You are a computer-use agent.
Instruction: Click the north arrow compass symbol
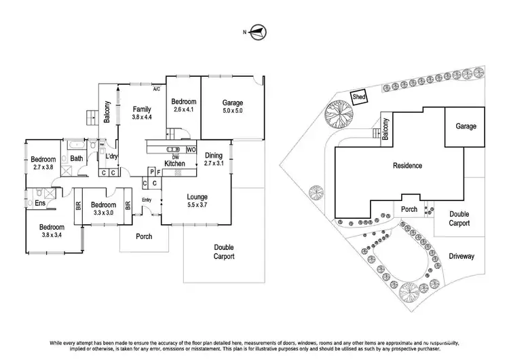[258, 31]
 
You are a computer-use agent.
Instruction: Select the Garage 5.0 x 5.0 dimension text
[233, 110]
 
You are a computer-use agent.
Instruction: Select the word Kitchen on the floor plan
[175, 164]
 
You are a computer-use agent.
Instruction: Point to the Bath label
[76, 159]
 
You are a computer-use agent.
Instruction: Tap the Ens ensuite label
[40, 202]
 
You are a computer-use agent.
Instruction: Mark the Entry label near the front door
[147, 199]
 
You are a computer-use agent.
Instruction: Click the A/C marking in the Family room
[155, 89]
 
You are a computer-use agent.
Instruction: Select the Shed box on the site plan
[359, 97]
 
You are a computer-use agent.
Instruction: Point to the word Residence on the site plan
[407, 166]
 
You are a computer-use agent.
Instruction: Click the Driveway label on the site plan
[461, 256]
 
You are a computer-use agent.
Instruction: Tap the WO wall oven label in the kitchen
[191, 149]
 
